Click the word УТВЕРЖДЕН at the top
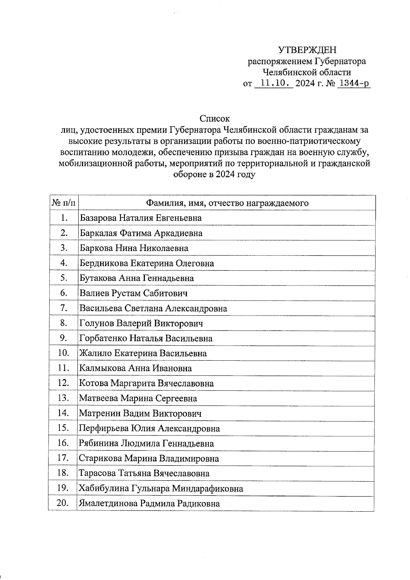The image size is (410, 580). (307, 50)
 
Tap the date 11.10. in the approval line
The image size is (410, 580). (274, 83)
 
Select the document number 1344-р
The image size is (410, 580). (353, 83)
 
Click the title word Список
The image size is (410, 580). (215, 119)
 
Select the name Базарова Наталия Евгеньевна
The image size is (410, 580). (140, 218)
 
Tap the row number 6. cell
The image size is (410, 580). (64, 293)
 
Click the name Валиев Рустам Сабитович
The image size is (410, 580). (134, 293)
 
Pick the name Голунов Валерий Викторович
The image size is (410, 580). (141, 323)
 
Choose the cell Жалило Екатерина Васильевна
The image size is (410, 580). (143, 353)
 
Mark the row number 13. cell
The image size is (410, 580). (64, 398)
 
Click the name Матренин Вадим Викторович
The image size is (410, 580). (140, 413)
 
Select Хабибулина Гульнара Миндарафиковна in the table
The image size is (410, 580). (161, 488)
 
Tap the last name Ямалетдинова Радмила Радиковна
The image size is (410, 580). (149, 503)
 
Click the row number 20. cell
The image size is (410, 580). (64, 503)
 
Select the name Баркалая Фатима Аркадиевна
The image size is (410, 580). (141, 233)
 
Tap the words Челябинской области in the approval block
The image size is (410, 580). (306, 72)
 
